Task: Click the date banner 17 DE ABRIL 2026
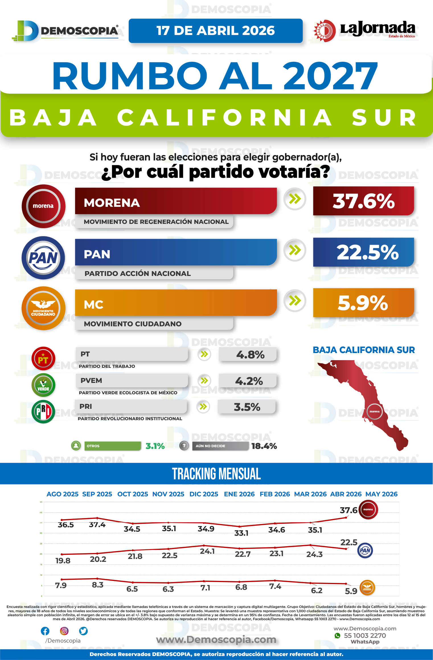(216, 31)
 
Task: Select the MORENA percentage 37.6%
(363, 201)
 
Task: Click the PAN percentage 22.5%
(363, 252)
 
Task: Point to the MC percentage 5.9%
(363, 303)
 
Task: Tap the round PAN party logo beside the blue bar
(43, 258)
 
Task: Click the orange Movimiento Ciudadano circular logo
(43, 308)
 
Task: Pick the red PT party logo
(43, 358)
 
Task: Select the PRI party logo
(43, 411)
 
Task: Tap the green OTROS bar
(113, 446)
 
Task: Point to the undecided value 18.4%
(264, 446)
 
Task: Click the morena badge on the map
(374, 411)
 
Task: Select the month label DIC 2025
(204, 494)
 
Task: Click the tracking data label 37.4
(97, 525)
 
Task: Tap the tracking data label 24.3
(314, 554)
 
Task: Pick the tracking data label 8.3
(98, 585)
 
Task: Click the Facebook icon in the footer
(45, 631)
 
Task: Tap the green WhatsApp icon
(338, 636)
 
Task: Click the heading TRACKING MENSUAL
(216, 474)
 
